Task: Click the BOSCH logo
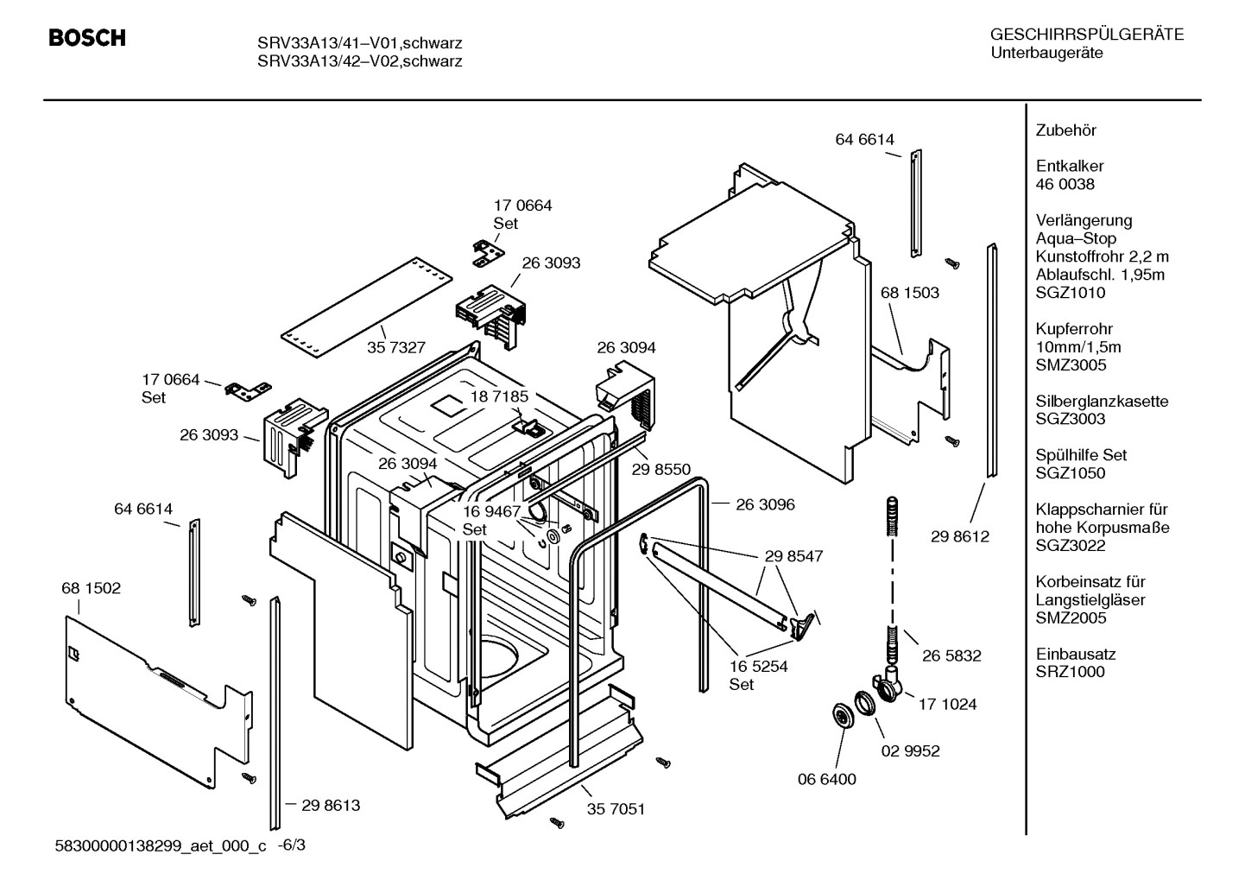point(87,38)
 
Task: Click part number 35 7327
point(396,347)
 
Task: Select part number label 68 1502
point(91,588)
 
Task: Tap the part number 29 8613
point(331,805)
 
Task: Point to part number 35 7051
point(616,809)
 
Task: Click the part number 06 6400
point(826,779)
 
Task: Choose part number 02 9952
point(910,750)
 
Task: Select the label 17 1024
point(947,704)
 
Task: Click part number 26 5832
point(951,655)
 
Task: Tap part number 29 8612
point(960,536)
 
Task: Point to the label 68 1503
point(909,293)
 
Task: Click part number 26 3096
point(765,504)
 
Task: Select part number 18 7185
point(499,396)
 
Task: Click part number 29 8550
point(660,469)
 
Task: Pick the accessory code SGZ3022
point(1070,546)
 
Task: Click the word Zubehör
point(1065,130)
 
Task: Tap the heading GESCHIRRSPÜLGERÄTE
point(1086,35)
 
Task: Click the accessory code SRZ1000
point(1070,672)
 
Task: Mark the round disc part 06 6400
point(839,716)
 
